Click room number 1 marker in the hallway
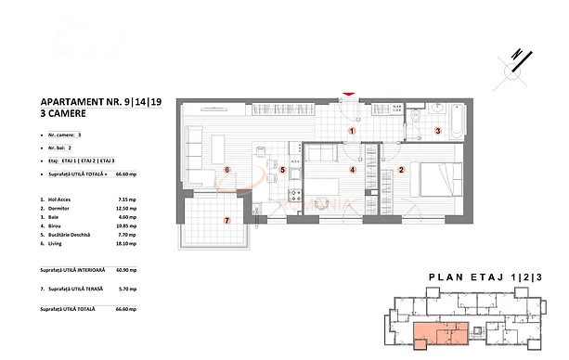click(x=352, y=132)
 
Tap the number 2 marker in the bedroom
click(x=401, y=170)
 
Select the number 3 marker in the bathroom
click(x=438, y=132)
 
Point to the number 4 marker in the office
click(x=352, y=170)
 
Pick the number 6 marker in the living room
click(x=226, y=170)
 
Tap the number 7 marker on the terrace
click(x=226, y=220)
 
